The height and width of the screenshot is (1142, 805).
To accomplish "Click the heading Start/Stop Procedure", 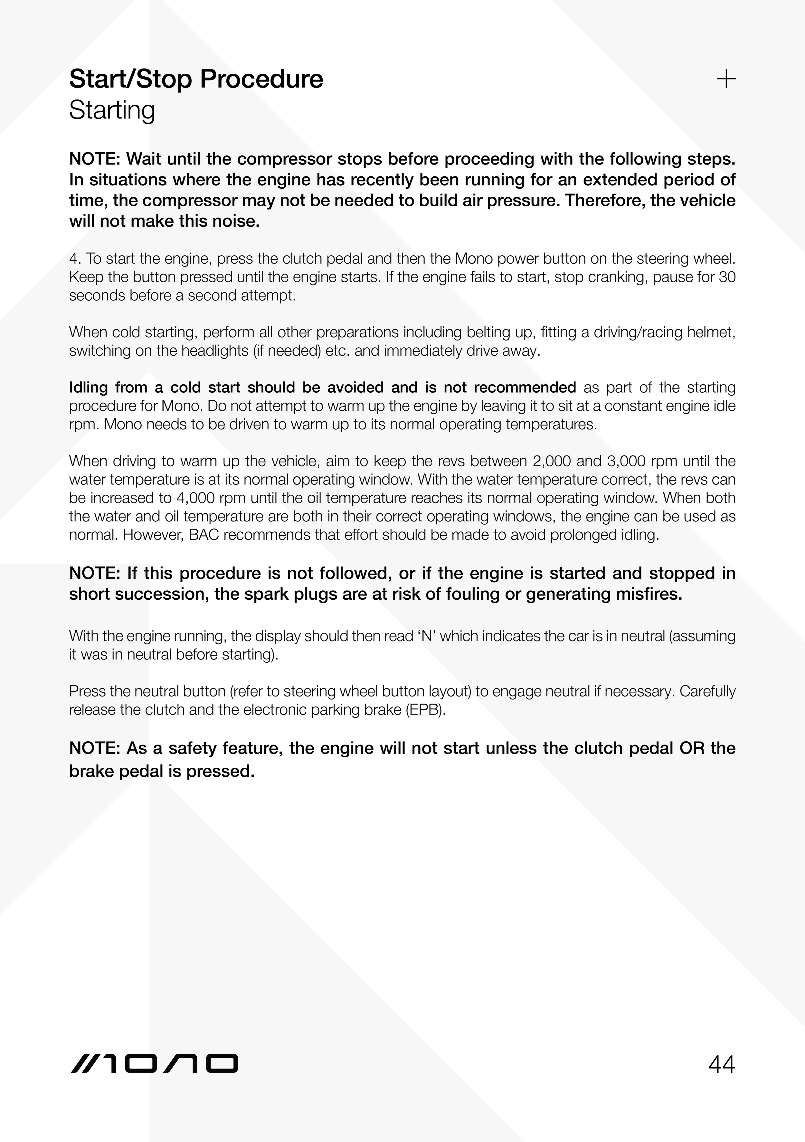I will click(196, 80).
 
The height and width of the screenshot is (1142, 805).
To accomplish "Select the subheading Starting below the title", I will click(112, 110).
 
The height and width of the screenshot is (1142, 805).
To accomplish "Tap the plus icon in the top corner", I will click(726, 79).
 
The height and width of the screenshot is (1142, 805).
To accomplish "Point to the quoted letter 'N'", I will click(427, 636).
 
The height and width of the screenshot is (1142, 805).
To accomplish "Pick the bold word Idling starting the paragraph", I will click(88, 388).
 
